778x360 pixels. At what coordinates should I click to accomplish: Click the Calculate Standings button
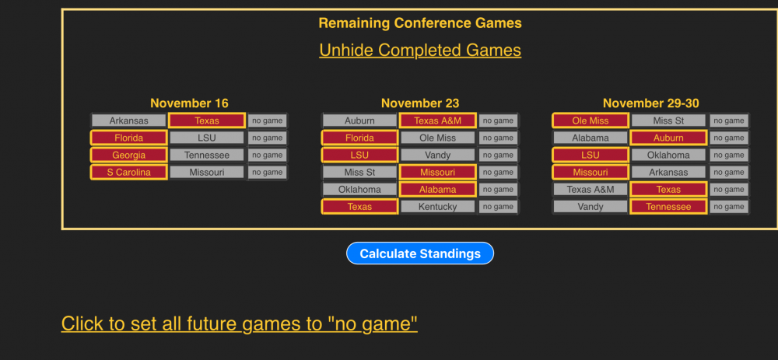point(420,253)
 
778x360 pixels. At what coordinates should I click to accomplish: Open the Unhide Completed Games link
point(420,50)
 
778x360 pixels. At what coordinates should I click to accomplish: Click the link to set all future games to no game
point(239,323)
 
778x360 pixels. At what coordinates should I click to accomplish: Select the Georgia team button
point(129,156)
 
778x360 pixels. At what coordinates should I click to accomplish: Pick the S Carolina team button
point(129,173)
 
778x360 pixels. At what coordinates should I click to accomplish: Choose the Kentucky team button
point(437,207)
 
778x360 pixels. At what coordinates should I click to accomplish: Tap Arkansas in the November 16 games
point(129,121)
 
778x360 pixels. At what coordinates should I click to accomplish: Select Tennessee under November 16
point(207,156)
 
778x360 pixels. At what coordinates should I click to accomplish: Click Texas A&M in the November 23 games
point(437,121)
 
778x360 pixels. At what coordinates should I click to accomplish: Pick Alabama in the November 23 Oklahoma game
point(437,190)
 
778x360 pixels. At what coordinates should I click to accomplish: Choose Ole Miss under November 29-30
point(591,121)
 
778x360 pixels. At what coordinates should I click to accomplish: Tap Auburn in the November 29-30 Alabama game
point(668,138)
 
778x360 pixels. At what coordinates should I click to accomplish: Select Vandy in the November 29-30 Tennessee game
point(591,207)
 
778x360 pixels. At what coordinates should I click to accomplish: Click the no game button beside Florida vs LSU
point(268,138)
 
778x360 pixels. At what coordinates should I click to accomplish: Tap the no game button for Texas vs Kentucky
point(498,207)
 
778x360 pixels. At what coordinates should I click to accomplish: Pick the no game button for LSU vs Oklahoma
point(729,156)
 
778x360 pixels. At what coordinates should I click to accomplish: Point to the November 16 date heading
point(190,103)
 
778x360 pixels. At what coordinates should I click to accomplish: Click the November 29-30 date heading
point(651,103)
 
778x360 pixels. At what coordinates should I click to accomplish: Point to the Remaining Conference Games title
point(420,23)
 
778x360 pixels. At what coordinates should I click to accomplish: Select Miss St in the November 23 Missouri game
point(359,173)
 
